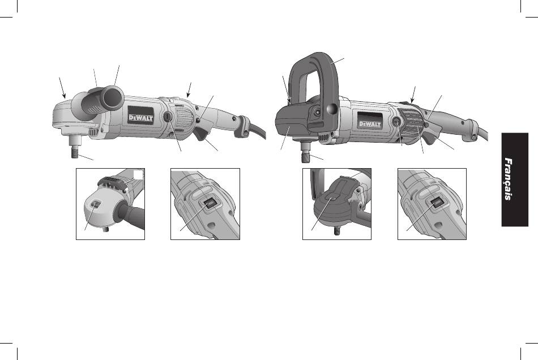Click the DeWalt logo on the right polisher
370,124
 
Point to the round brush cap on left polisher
168,117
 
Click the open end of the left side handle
113,97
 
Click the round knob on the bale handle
332,109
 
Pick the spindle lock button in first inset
96,204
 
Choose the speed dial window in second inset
209,204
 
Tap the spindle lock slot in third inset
330,197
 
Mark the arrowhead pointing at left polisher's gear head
65,96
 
